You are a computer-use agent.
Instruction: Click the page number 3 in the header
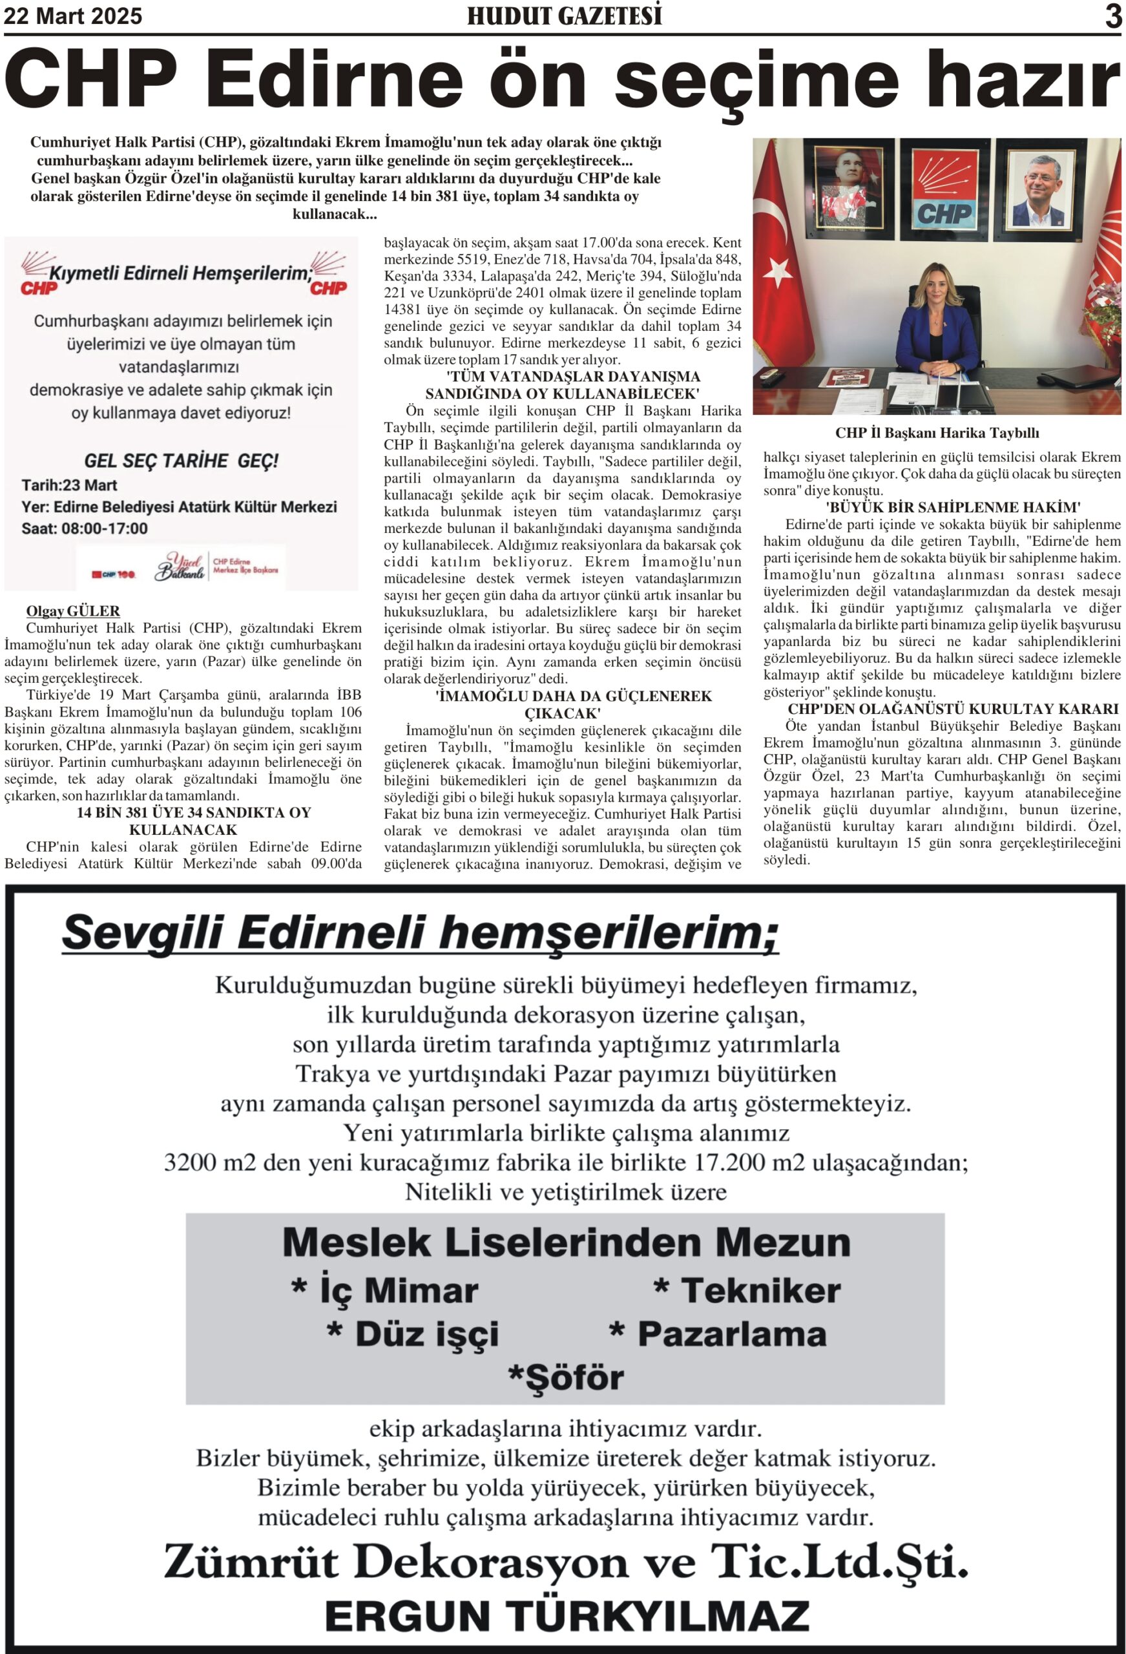(x=1113, y=16)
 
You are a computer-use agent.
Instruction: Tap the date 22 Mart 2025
(x=73, y=16)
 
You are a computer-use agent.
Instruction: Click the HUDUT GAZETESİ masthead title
(x=564, y=16)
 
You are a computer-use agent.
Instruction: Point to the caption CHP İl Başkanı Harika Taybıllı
(x=937, y=433)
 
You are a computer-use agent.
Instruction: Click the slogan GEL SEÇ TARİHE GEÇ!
(x=181, y=461)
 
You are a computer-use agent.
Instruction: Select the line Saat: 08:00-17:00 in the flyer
(x=85, y=528)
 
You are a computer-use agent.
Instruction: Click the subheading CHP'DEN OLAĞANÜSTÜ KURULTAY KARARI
(x=953, y=709)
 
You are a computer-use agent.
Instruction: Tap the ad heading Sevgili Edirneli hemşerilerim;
(x=420, y=932)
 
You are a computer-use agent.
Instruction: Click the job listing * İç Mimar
(x=385, y=1290)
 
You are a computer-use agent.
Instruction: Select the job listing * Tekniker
(x=747, y=1290)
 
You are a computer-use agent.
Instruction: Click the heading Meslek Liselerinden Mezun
(x=566, y=1242)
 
